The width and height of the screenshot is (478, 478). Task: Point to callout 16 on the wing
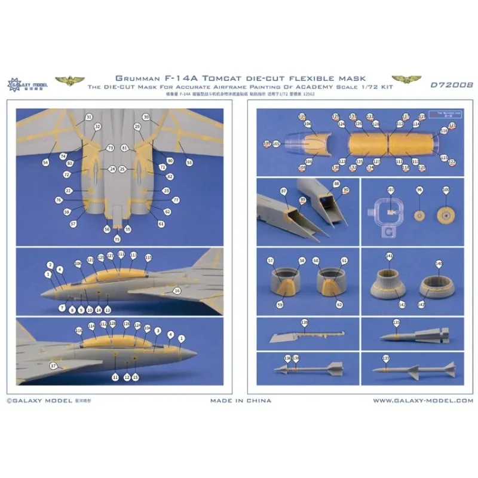(x=176, y=290)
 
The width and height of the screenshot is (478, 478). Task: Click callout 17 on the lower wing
(x=53, y=366)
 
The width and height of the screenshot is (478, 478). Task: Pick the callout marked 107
(x=390, y=190)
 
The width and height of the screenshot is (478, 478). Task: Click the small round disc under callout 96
(x=419, y=215)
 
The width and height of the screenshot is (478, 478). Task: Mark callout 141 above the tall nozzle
(x=390, y=256)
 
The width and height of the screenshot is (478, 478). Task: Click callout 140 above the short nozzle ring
(x=439, y=263)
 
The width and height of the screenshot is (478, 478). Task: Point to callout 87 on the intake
(x=283, y=190)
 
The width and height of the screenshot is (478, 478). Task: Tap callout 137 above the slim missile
(x=386, y=358)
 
